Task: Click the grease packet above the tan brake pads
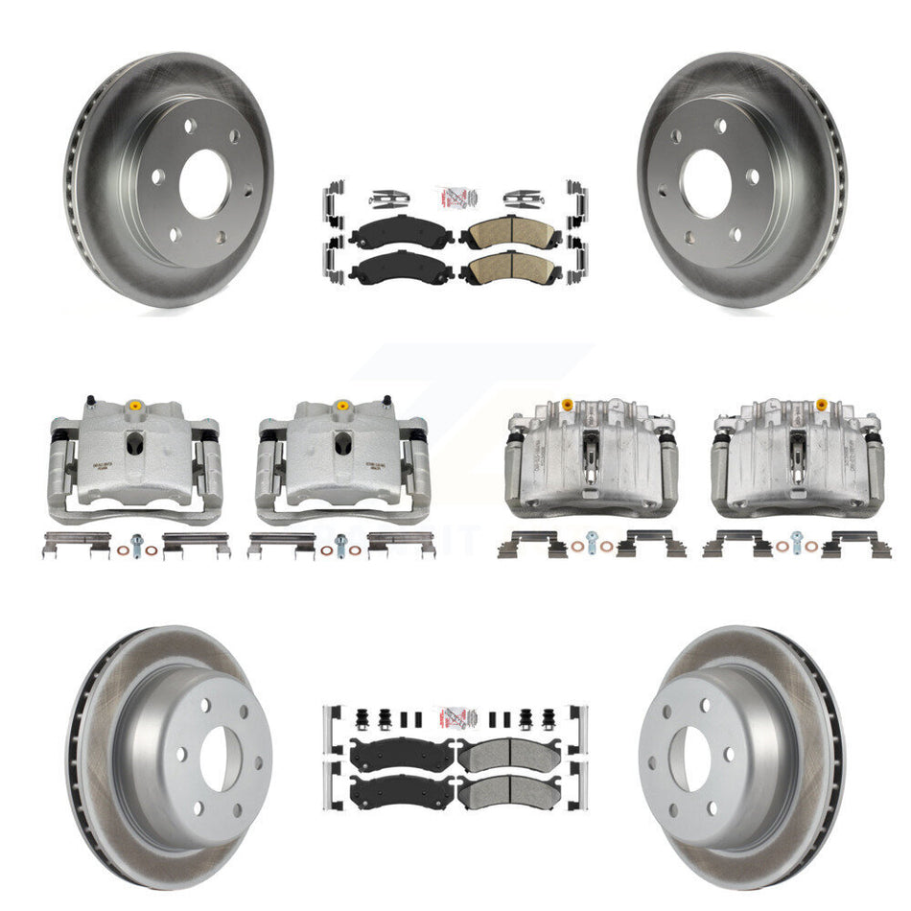(455, 196)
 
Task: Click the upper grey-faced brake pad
(509, 758)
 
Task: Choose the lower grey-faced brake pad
(509, 791)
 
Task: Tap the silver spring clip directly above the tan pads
(523, 198)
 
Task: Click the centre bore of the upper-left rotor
(204, 182)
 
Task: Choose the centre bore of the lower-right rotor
(694, 760)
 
